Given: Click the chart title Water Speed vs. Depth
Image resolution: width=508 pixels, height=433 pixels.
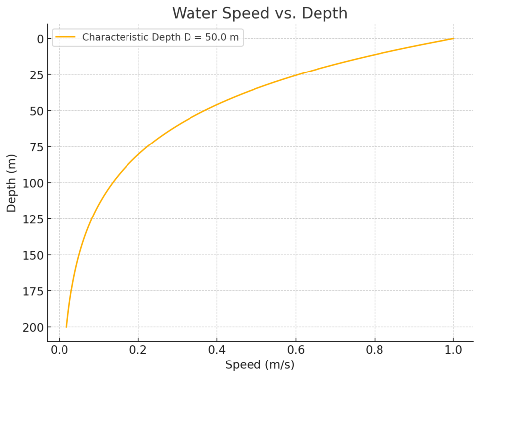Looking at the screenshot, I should [x=259, y=13].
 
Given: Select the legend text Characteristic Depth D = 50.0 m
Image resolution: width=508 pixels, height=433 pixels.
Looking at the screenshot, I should [x=160, y=37].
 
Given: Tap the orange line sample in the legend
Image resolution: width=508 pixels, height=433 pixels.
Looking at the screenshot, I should [x=65, y=37].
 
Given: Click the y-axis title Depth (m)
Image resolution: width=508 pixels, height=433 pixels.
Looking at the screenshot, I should [x=12, y=183].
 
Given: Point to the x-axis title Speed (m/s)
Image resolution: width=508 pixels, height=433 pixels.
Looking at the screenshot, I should [x=259, y=365].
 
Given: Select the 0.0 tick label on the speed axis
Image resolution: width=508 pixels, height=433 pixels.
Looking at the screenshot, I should [x=60, y=350].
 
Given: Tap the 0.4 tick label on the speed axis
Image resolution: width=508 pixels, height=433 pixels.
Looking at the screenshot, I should [x=217, y=350].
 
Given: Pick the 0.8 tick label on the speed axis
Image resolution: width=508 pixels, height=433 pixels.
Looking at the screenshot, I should [x=375, y=350].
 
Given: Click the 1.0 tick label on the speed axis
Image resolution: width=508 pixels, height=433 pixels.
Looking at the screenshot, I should [x=453, y=350].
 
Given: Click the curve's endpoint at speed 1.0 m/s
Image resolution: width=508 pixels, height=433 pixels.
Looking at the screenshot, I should [x=453, y=39].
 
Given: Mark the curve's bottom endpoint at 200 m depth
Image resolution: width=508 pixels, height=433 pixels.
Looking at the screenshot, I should [x=66, y=327].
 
